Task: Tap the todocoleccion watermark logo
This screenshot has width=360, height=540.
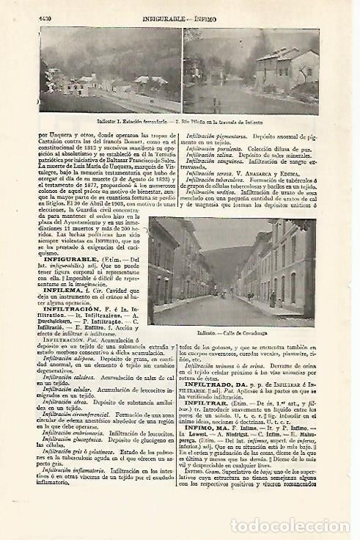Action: (289, 506)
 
